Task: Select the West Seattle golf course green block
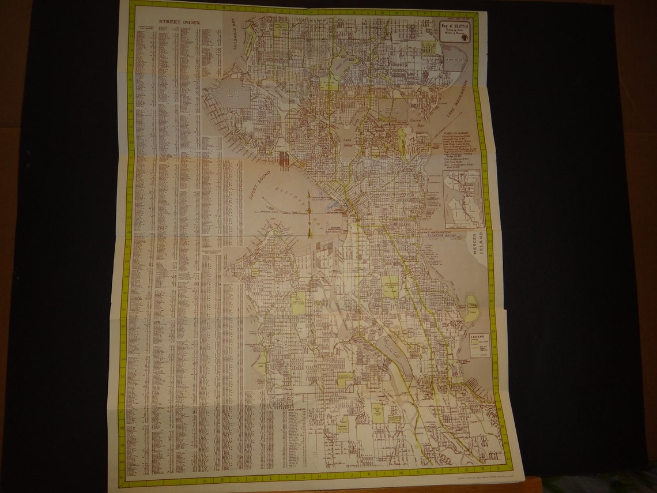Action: pyautogui.click(x=298, y=303)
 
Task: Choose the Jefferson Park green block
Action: pyautogui.click(x=391, y=287)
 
